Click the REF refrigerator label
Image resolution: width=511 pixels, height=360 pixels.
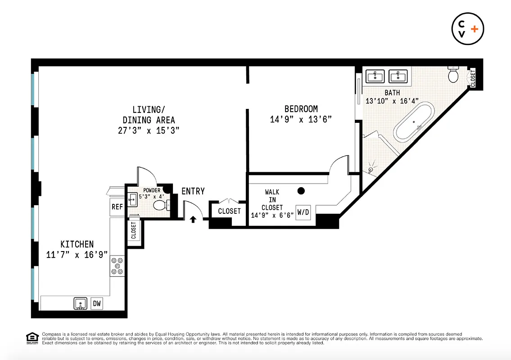click(x=117, y=207)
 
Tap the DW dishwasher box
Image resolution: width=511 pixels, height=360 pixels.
click(x=97, y=304)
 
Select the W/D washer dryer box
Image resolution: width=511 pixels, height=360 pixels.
click(x=303, y=212)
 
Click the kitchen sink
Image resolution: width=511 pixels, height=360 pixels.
click(x=81, y=304)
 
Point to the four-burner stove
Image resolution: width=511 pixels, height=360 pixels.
click(x=117, y=265)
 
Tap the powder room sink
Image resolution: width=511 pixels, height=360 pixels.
click(x=132, y=199)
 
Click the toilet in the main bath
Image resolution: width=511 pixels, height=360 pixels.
click(x=453, y=75)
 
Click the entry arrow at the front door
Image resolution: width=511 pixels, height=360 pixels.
click(x=193, y=220)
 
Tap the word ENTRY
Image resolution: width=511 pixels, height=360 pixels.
click(x=193, y=191)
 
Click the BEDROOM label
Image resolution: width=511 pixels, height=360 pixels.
click(x=301, y=109)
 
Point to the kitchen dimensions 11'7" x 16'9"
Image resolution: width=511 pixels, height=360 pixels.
click(x=77, y=255)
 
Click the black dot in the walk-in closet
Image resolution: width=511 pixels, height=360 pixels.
click(x=301, y=191)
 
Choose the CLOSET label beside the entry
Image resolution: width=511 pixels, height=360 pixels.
click(x=229, y=211)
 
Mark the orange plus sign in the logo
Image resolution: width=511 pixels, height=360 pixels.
click(x=475, y=28)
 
